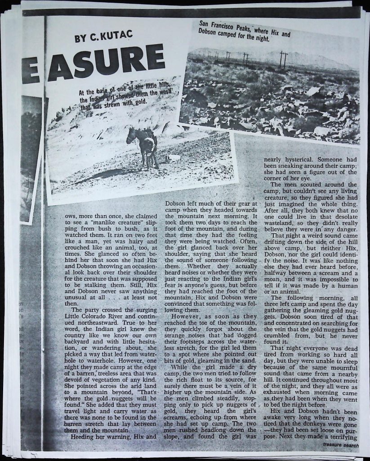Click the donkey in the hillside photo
coord(144,147)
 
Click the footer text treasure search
coord(340,445)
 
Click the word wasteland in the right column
coord(280,222)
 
